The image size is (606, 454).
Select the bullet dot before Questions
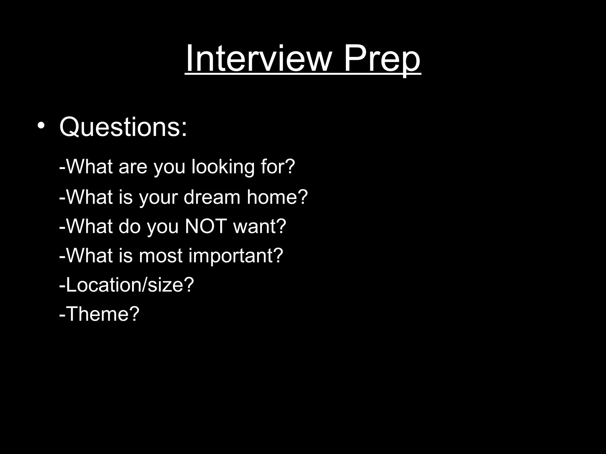tap(41, 126)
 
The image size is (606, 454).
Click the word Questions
tap(120, 127)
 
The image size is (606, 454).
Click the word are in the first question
tap(133, 167)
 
